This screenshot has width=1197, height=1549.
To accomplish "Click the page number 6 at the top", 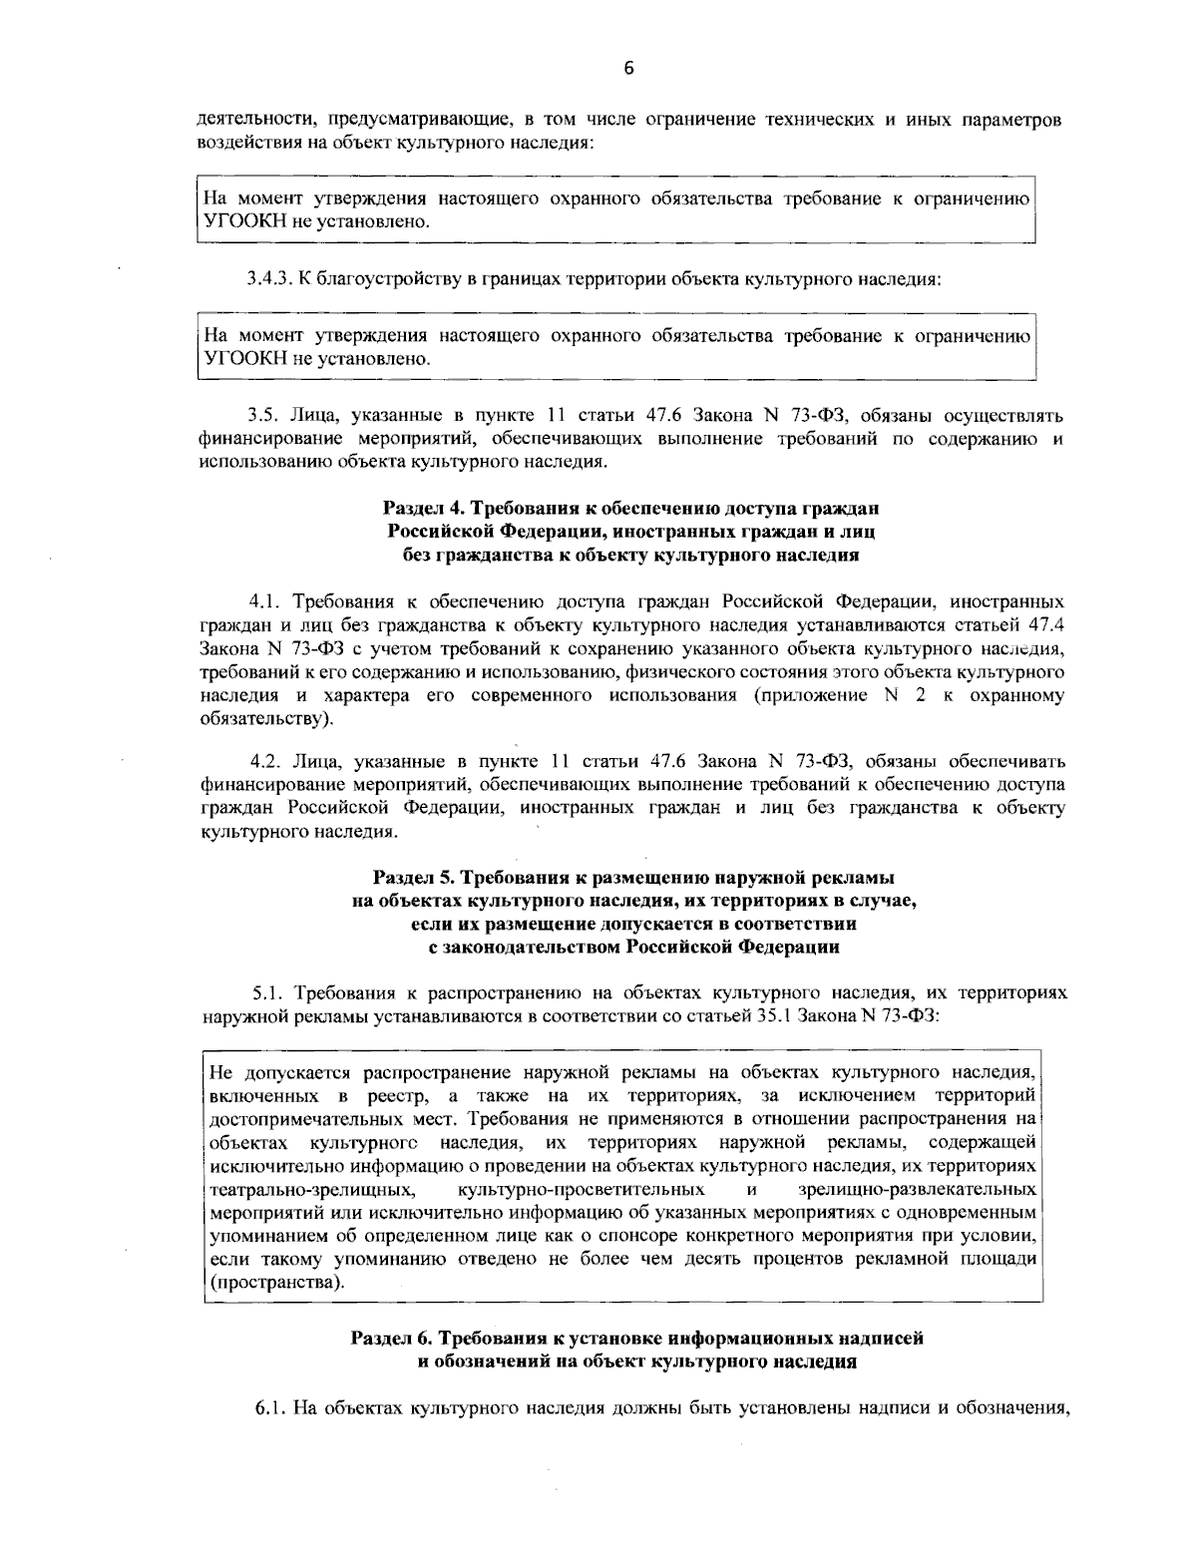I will (628, 69).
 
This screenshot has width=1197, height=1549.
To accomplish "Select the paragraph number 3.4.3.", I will (266, 279).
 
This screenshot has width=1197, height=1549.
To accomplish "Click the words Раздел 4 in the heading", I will (419, 509).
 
